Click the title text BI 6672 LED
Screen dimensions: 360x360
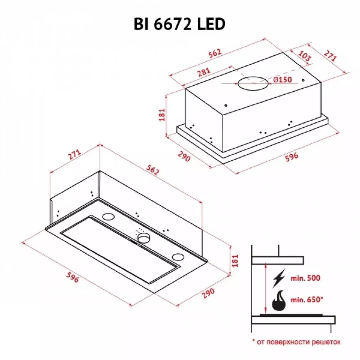coord(179,25)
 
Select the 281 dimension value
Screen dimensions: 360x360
coord(204,72)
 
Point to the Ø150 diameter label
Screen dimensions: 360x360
coord(282,80)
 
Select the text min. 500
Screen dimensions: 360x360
coord(306,278)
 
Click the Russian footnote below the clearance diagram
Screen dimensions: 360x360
coord(296,341)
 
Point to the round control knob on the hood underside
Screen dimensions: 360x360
coord(143,239)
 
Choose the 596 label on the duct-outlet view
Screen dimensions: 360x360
coord(291,156)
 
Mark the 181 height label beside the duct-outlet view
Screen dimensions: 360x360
coord(162,114)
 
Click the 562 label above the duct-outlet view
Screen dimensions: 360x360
coord(214,53)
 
